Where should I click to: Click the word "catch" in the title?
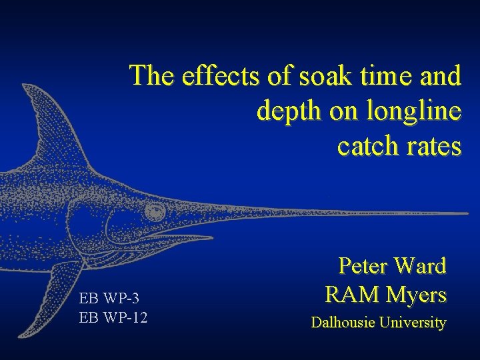tap(365, 145)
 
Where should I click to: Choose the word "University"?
tap(413, 323)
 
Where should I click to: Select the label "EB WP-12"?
tap(113, 317)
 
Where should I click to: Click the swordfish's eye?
tap(155, 212)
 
